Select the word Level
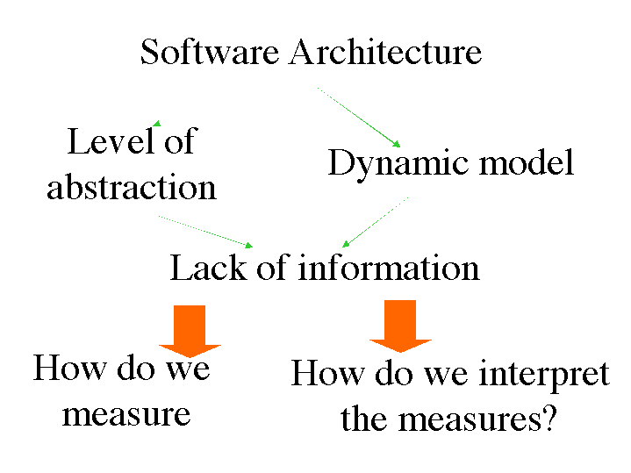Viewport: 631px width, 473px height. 111,140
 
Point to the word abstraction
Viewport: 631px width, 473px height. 132,187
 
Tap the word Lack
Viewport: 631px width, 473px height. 208,268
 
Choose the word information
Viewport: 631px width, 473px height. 389,268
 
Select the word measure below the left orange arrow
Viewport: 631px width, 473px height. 126,414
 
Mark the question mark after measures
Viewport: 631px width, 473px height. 549,419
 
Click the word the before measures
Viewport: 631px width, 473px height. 364,419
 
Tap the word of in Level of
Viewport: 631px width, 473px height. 181,140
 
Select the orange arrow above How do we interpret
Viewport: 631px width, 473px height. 400,326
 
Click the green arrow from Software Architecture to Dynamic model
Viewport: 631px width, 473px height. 359,117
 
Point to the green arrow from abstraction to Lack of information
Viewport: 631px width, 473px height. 205,232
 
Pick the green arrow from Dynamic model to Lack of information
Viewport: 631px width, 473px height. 375,222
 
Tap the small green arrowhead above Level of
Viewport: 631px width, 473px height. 157,124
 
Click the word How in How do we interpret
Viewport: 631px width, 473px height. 327,373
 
